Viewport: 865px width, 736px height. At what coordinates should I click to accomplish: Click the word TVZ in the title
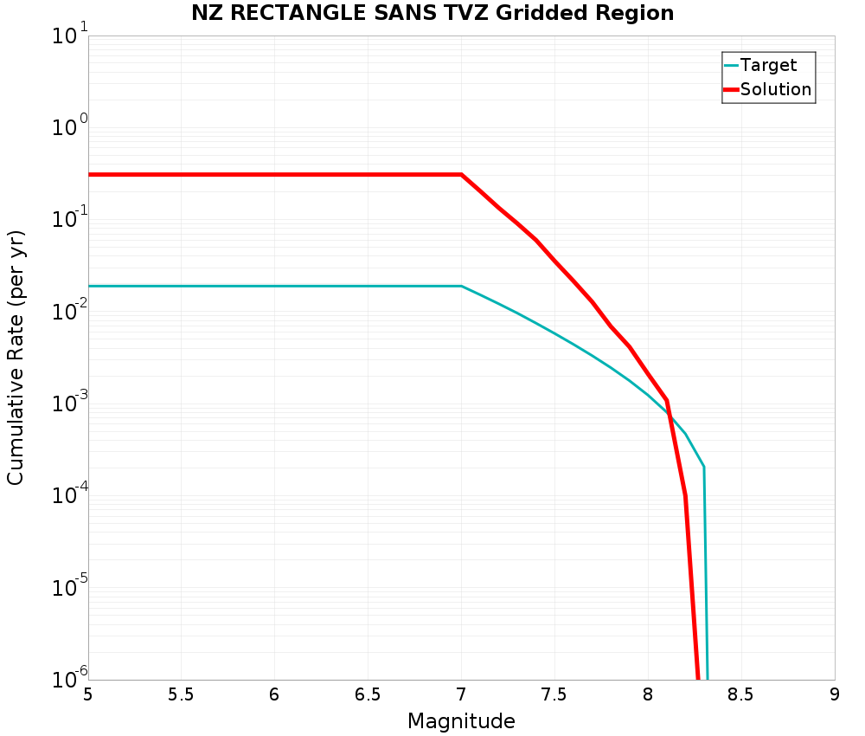point(477,13)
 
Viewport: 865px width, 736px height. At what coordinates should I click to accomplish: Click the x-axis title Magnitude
point(461,721)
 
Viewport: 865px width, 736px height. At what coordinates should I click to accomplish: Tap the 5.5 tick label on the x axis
point(181,694)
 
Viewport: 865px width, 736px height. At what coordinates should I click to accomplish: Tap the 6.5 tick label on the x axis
point(368,694)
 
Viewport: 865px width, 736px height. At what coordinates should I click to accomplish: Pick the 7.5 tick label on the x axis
point(554,694)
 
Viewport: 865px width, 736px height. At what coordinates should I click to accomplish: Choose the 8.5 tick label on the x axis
point(740,694)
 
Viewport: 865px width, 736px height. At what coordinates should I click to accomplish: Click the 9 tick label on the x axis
point(835,694)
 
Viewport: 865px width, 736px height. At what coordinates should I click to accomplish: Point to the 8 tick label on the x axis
point(648,694)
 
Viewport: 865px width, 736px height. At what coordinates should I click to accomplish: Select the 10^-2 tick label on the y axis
point(67,312)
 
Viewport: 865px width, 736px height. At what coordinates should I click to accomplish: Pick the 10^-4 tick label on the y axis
point(67,495)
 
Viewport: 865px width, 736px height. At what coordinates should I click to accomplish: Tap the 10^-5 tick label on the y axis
point(67,587)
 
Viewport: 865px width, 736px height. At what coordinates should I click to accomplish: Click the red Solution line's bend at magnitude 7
point(461,175)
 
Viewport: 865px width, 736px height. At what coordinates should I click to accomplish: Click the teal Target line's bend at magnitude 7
point(461,286)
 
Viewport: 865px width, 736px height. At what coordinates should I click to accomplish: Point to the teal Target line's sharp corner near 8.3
point(704,467)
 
